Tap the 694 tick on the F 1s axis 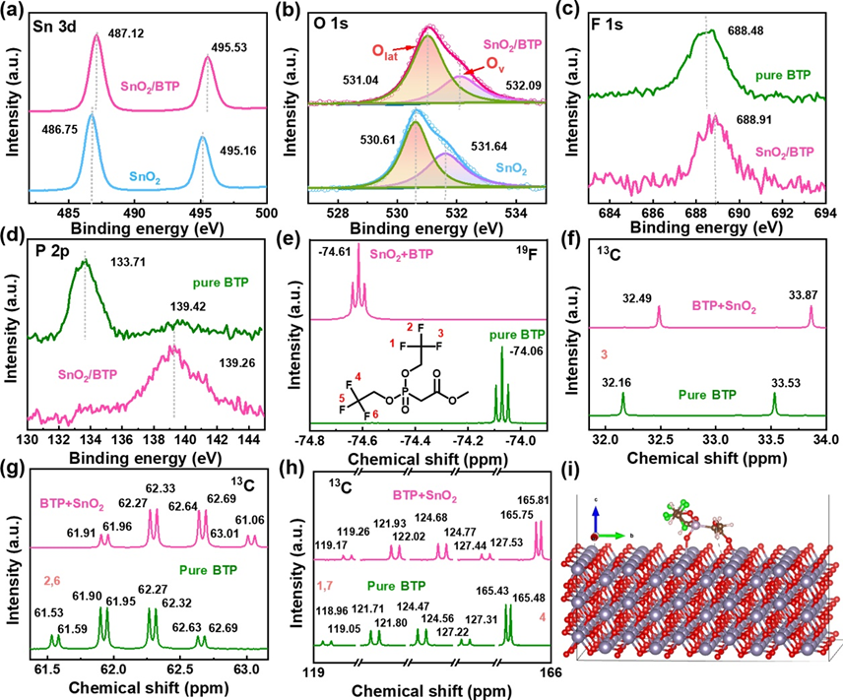[x=824, y=212]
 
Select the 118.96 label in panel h [x=330, y=609]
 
